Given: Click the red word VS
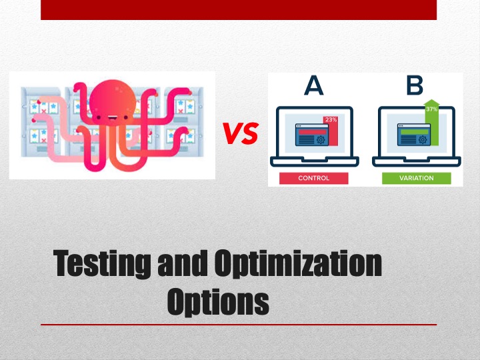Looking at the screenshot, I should coord(241,135).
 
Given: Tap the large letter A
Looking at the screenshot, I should coord(313,86).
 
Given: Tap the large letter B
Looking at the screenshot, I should coord(414,86).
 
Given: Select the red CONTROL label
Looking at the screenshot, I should coord(313,178).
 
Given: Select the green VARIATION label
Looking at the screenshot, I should coord(416,178).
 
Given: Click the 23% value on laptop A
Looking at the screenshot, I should coord(331,120).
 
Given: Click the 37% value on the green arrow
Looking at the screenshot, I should coord(431,109).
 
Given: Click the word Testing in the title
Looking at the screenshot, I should coord(103,265).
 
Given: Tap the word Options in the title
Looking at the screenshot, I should coord(218,301).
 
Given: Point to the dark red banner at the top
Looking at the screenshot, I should coord(239,9).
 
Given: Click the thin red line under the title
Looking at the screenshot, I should coord(239,325).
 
